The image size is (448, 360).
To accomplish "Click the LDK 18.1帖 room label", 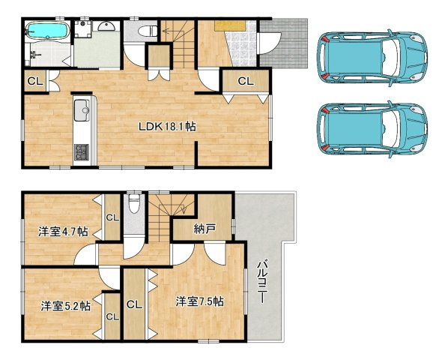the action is click(167, 126).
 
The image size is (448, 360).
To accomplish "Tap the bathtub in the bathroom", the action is click(48, 31).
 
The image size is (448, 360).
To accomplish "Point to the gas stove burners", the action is click(82, 152).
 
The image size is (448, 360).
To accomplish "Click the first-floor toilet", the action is click(148, 31).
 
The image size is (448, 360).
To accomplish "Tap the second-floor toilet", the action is click(133, 203).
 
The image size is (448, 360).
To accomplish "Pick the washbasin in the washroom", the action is click(106, 26).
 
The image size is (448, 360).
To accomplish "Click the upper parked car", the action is click(372, 58).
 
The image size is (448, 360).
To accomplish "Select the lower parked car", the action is click(372, 129).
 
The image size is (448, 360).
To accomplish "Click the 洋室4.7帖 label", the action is click(63, 232).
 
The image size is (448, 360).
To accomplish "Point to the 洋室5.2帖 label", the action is click(66, 306).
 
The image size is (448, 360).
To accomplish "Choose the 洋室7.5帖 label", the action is click(200, 301).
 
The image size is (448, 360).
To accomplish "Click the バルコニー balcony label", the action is click(261, 281).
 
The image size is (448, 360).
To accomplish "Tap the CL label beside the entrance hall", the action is click(246, 81).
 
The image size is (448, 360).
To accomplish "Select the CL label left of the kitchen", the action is click(35, 81).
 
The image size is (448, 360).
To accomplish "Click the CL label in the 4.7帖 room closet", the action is click(112, 217).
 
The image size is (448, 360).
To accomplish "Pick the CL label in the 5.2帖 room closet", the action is click(112, 316).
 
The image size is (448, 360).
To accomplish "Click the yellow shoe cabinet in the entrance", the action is click(230, 26).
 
